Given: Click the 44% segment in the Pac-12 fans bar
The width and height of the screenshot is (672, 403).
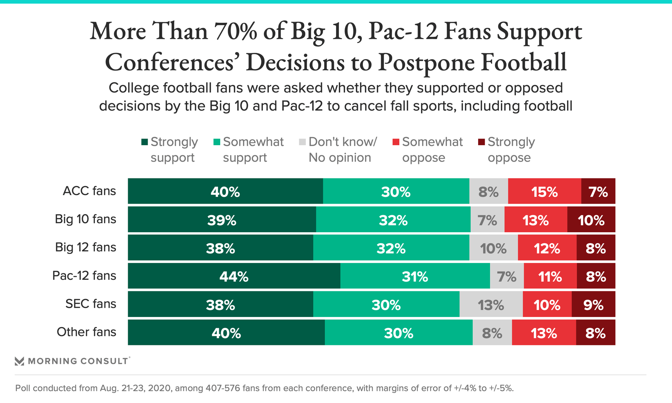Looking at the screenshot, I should coord(234,276).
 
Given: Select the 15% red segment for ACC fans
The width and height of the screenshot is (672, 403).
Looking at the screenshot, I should coord(544,191).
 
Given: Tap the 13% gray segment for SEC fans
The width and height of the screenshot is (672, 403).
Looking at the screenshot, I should coord(491,304).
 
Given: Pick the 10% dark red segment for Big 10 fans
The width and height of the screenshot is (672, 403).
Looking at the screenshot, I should coord(591,220).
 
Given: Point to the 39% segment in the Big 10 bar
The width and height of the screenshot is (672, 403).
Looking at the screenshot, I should coord(222,220).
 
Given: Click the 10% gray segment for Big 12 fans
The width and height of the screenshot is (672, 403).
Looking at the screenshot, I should coord(493,248).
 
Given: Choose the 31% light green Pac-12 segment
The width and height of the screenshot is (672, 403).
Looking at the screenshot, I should coord(415,276).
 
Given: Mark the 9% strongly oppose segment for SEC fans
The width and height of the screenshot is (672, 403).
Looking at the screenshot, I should coord(593,304).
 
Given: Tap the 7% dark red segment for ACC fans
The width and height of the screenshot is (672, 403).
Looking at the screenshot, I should coord(598,191).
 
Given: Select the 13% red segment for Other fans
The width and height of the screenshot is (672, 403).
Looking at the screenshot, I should coord(544,333).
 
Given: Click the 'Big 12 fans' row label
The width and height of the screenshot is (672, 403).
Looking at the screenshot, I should coord(85,247).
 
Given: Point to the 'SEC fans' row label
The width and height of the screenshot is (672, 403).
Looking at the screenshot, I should coord(91,304).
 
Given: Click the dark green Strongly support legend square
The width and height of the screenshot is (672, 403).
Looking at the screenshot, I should coord(145,142).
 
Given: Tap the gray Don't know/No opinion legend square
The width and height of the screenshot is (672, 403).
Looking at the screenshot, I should coord(302,142).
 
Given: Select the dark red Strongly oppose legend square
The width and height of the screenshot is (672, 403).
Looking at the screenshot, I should coord(482,142).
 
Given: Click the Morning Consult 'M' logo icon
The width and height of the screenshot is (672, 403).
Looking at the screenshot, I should coord(20,361).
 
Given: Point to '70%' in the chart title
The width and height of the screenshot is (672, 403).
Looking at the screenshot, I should coord(236,31).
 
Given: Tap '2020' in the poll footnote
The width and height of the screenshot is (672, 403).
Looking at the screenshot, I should coord(159,388).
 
